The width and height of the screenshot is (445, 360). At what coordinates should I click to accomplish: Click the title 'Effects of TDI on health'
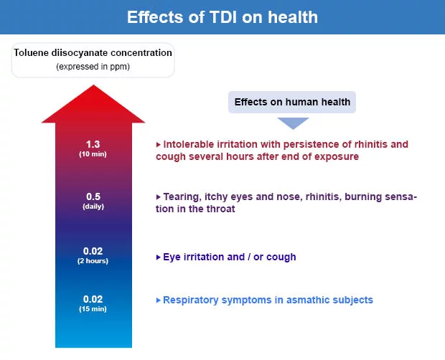[x=222, y=17]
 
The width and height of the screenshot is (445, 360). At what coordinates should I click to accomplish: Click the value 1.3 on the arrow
[x=93, y=144]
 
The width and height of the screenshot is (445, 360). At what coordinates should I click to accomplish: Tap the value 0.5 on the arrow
[x=93, y=196]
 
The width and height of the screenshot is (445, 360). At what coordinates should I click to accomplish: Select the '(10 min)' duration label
[x=93, y=154]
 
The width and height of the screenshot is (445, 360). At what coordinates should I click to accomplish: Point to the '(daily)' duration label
[x=93, y=207]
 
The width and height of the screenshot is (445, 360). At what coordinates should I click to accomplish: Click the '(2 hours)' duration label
[x=93, y=261]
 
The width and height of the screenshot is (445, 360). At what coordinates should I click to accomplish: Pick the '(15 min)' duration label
[x=93, y=309]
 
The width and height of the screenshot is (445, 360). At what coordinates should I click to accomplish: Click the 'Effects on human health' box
[x=291, y=102]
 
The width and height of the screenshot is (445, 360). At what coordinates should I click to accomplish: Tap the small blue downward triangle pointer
[x=292, y=123]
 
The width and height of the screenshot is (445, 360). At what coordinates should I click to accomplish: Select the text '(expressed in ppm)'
[x=93, y=67]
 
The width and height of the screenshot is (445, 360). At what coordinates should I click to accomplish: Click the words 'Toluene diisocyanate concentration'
[x=93, y=53]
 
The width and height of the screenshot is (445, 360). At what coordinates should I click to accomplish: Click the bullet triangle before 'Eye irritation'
[x=158, y=257]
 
